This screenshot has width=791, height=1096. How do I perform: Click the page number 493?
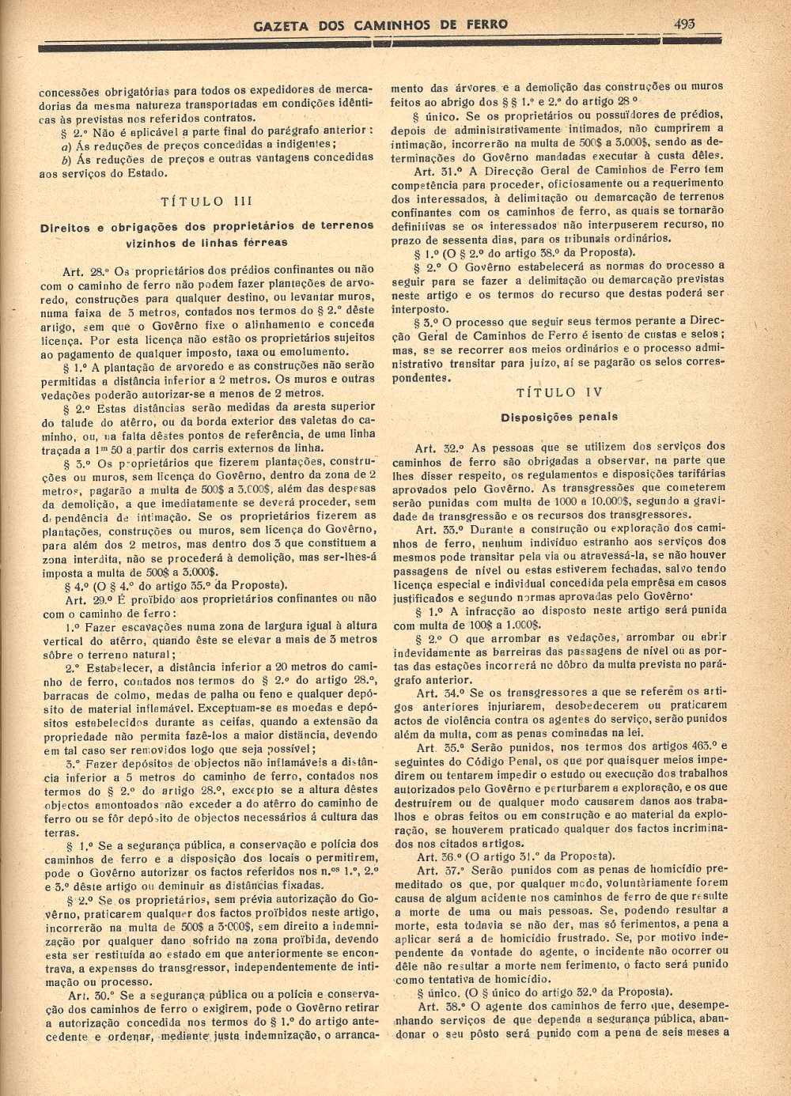pyautogui.click(x=684, y=24)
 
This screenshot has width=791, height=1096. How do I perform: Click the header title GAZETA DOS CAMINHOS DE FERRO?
pyautogui.click(x=380, y=25)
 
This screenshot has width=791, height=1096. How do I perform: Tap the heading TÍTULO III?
pyautogui.click(x=206, y=202)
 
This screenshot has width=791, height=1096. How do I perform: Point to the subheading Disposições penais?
pyautogui.click(x=559, y=417)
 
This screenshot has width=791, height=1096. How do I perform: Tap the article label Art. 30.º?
pyautogui.click(x=89, y=995)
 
